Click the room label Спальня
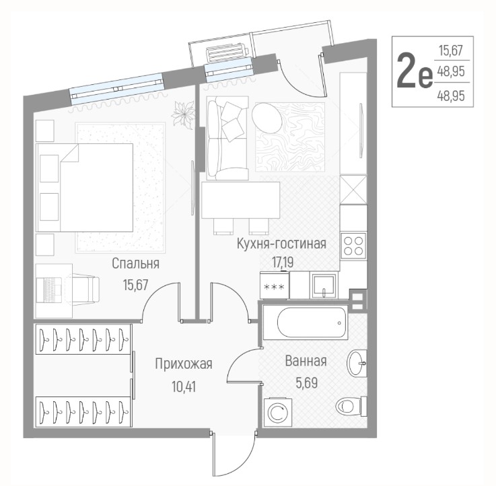coord(135,263)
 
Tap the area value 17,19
coord(283,262)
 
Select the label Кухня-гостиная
coord(281,244)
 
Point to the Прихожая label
coord(184,364)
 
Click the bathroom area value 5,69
coord(306,383)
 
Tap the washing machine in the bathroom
coord(278,412)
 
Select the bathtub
coord(306,322)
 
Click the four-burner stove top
coord(353,246)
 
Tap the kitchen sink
coord(322,285)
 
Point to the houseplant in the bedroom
coord(183,114)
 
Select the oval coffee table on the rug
coord(267,118)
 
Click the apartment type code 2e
coord(415,71)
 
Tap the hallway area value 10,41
coord(184,386)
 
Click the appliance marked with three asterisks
coord(275,285)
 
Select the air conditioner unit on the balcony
coord(227,53)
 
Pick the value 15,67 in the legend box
coord(451,50)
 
